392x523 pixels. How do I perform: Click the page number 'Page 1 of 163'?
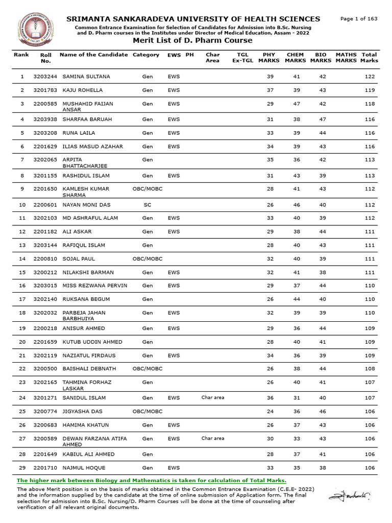click(358, 19)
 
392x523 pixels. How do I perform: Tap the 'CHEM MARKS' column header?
click(295, 57)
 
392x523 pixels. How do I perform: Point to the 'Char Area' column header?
click(212, 57)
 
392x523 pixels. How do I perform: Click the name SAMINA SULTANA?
click(86, 77)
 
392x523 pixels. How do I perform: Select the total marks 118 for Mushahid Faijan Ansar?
click(370, 104)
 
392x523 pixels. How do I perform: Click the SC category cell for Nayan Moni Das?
click(148, 205)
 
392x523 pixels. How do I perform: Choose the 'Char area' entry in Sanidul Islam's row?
click(213, 397)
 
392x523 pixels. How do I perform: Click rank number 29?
click(22, 468)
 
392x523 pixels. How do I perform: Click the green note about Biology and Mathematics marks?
click(152, 481)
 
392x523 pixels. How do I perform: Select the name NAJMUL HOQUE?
click(84, 468)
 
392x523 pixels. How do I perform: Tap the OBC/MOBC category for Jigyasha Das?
click(148, 412)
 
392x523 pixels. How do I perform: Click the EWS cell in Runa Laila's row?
click(174, 133)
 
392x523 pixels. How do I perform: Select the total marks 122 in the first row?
click(370, 77)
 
